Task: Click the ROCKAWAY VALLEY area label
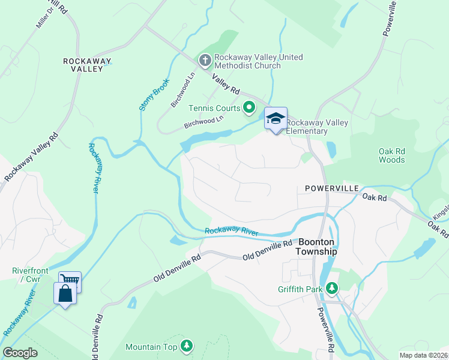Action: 84,65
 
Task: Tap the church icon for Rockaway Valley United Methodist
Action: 205,61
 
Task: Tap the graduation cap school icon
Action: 276,118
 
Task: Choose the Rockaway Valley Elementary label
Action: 316,127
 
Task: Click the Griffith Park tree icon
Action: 332,289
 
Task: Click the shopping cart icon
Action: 70,280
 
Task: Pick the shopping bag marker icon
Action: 64,294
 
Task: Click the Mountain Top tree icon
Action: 187,346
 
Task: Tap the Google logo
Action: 20,353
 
